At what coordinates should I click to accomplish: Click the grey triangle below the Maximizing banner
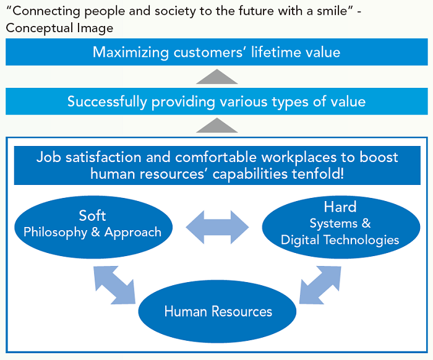click(216, 77)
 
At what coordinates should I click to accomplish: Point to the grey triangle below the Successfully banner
click(216, 126)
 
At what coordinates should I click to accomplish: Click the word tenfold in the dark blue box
click(312, 174)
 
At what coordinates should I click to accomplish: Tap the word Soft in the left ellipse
click(92, 215)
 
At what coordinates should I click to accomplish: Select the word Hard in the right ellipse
click(340, 207)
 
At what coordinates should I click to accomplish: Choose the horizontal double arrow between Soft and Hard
click(216, 226)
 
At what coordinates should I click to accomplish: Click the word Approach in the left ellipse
click(132, 233)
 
